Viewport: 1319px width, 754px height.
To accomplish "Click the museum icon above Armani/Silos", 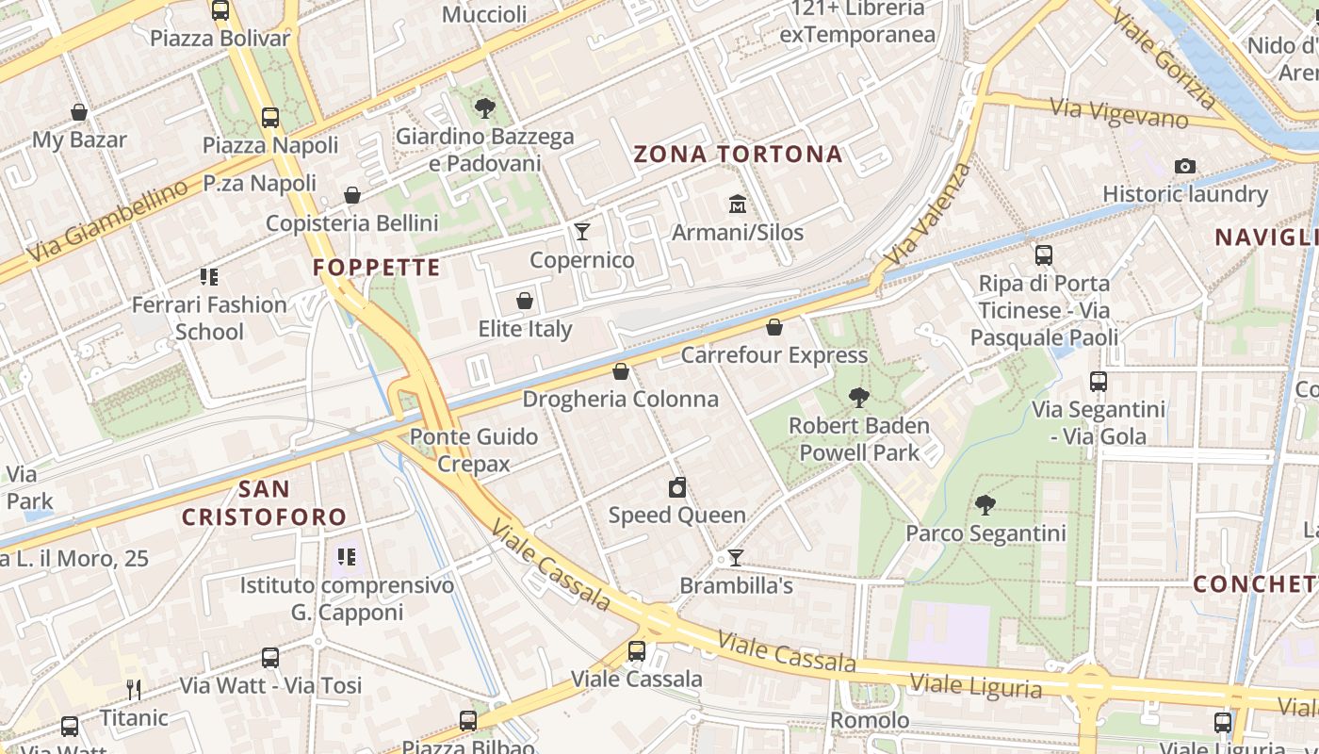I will [737, 204].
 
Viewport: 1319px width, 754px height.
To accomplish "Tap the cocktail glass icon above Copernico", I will [582, 232].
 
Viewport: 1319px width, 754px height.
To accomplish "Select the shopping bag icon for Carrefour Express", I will [774, 327].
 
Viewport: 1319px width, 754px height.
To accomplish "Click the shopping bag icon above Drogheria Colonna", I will [621, 371].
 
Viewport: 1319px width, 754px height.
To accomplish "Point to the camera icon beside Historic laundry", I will [1185, 167].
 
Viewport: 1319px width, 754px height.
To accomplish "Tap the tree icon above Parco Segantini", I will [985, 505].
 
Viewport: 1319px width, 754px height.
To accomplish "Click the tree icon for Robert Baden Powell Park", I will [858, 398].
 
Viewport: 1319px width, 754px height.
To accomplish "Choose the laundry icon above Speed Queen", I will [676, 487].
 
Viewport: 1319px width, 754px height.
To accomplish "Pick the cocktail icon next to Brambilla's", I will [736, 558].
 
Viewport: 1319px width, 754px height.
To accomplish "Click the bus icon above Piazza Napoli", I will [270, 118].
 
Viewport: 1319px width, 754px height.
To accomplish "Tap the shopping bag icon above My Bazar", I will [79, 112].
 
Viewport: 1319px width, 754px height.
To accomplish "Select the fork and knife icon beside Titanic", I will [134, 690].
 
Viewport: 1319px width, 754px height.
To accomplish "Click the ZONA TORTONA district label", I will [738, 155].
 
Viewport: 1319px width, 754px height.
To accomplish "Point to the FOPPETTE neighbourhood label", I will [377, 268].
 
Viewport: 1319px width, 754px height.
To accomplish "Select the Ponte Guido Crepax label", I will [474, 450].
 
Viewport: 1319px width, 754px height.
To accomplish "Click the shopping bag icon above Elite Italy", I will [525, 302].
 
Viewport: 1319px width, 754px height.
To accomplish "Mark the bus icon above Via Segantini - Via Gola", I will [1099, 382].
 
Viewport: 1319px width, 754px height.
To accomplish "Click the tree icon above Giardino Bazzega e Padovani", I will [485, 108].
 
